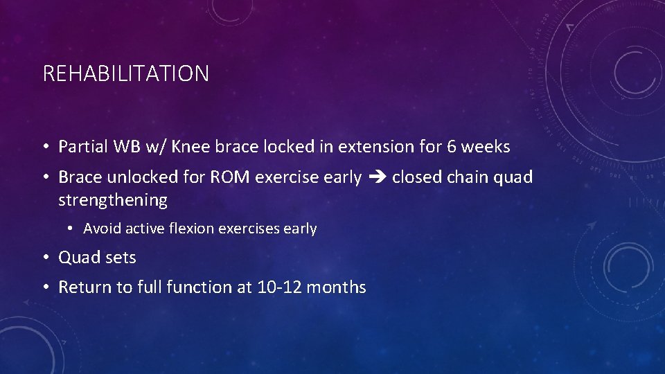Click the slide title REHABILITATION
click(125, 73)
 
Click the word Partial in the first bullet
click(82, 147)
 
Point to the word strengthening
click(113, 200)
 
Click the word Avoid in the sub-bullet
click(100, 229)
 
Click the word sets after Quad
click(120, 258)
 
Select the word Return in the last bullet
click(82, 287)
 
